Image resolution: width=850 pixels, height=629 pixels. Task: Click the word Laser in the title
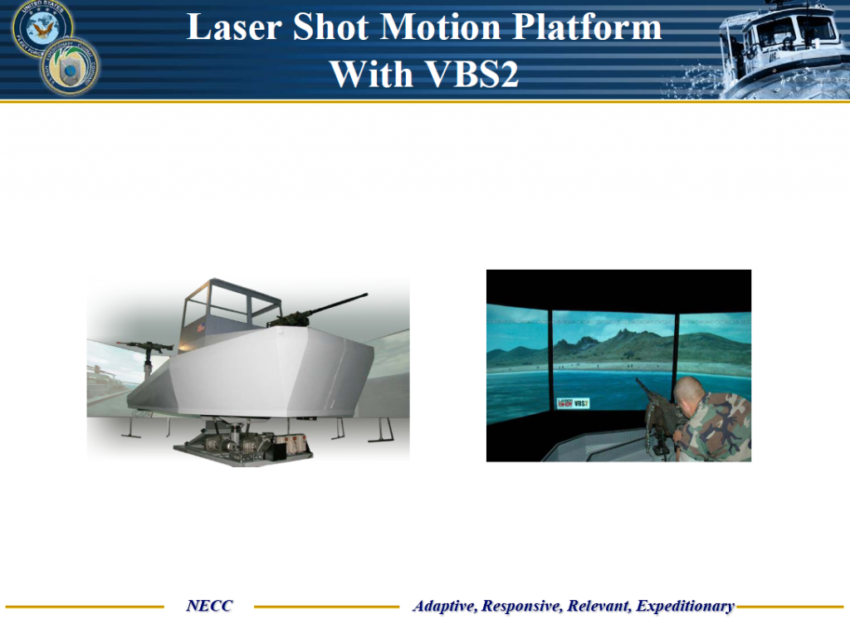234,28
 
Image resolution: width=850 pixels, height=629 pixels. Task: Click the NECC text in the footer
209,606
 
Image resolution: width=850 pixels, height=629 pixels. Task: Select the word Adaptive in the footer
445,606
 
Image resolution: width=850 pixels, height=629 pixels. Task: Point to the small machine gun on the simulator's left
146,344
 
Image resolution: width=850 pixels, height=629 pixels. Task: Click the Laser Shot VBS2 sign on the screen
572,402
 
